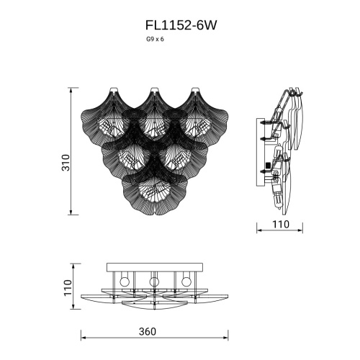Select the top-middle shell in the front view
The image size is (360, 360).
tap(153, 114)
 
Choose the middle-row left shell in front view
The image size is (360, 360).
tap(130, 151)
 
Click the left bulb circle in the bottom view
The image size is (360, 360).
tap(124, 280)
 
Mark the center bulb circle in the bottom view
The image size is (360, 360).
tap(153, 280)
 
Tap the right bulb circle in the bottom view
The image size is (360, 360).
tap(186, 280)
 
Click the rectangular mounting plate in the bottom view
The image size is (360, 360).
tap(153, 268)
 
